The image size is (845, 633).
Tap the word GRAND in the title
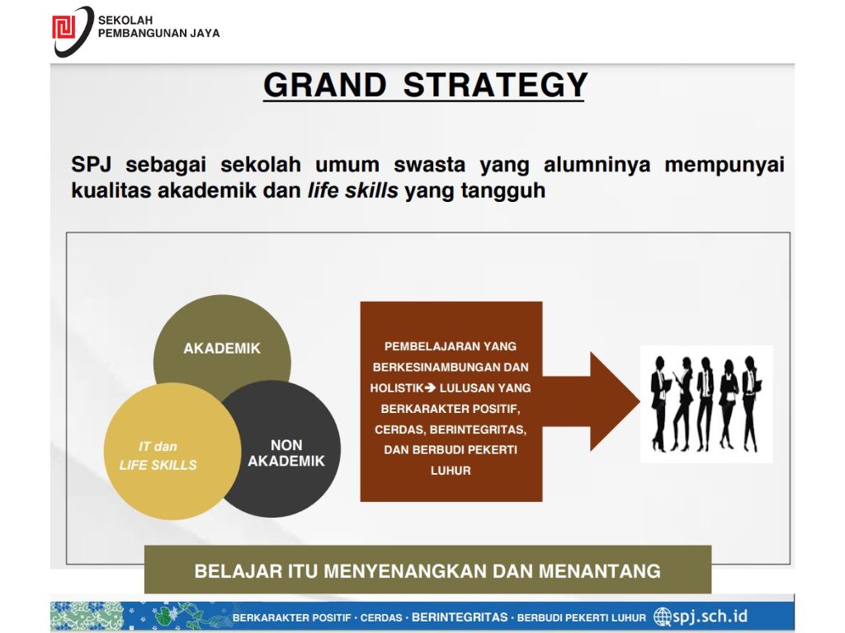(x=325, y=85)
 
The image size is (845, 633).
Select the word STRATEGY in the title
(x=495, y=85)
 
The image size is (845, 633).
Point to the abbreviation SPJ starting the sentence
(x=91, y=164)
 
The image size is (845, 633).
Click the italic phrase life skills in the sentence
(x=353, y=190)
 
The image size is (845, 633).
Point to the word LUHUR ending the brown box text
(x=451, y=471)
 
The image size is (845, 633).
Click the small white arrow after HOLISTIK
(x=430, y=387)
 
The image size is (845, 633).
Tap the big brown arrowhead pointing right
(x=614, y=401)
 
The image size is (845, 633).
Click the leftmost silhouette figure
(x=659, y=403)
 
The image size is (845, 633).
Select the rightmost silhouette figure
(x=751, y=403)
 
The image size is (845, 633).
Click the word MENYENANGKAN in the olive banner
(x=405, y=571)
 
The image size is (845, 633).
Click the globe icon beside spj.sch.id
(x=663, y=617)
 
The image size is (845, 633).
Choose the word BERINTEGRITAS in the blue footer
(x=460, y=617)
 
